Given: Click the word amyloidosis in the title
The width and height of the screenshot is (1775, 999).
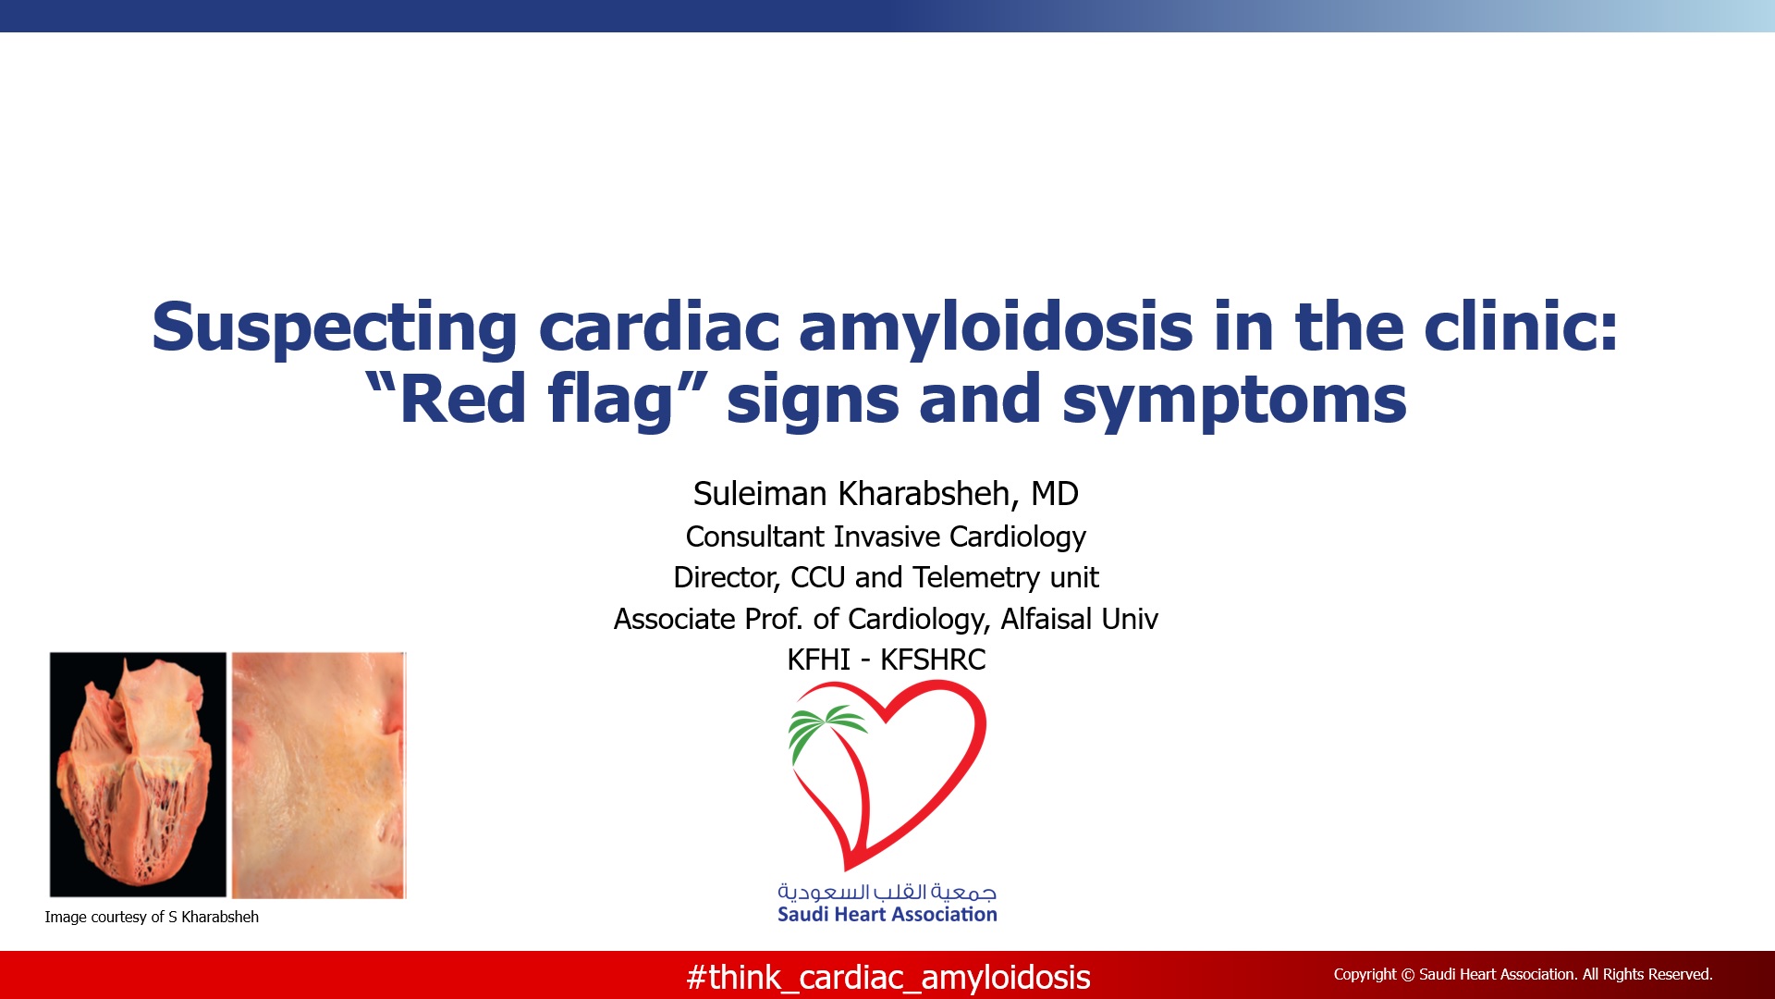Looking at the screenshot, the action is (996, 329).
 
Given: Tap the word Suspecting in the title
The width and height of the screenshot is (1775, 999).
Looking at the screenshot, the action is (335, 329).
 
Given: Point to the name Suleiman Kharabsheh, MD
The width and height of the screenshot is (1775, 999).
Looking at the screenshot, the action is (886, 494).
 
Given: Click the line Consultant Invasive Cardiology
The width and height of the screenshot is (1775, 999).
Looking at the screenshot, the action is (886, 536).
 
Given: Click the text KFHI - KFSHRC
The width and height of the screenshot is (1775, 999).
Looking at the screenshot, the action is (886, 660).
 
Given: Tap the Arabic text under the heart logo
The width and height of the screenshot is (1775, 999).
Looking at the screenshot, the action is (887, 892).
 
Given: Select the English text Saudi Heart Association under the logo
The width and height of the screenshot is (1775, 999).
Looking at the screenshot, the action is (887, 915).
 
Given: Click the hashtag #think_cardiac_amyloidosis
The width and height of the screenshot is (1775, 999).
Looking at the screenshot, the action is (888, 978).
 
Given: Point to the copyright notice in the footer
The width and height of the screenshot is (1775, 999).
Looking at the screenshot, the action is (1523, 974).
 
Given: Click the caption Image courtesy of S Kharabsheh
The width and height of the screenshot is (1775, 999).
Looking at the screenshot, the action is (152, 917).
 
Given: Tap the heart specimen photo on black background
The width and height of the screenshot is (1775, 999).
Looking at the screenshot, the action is (138, 775).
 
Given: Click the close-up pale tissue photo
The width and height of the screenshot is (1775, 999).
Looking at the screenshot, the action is (319, 775).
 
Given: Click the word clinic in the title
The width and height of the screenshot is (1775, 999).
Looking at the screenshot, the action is (1521, 329).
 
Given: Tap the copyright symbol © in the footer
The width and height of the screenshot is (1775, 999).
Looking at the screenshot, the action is (1408, 974).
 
